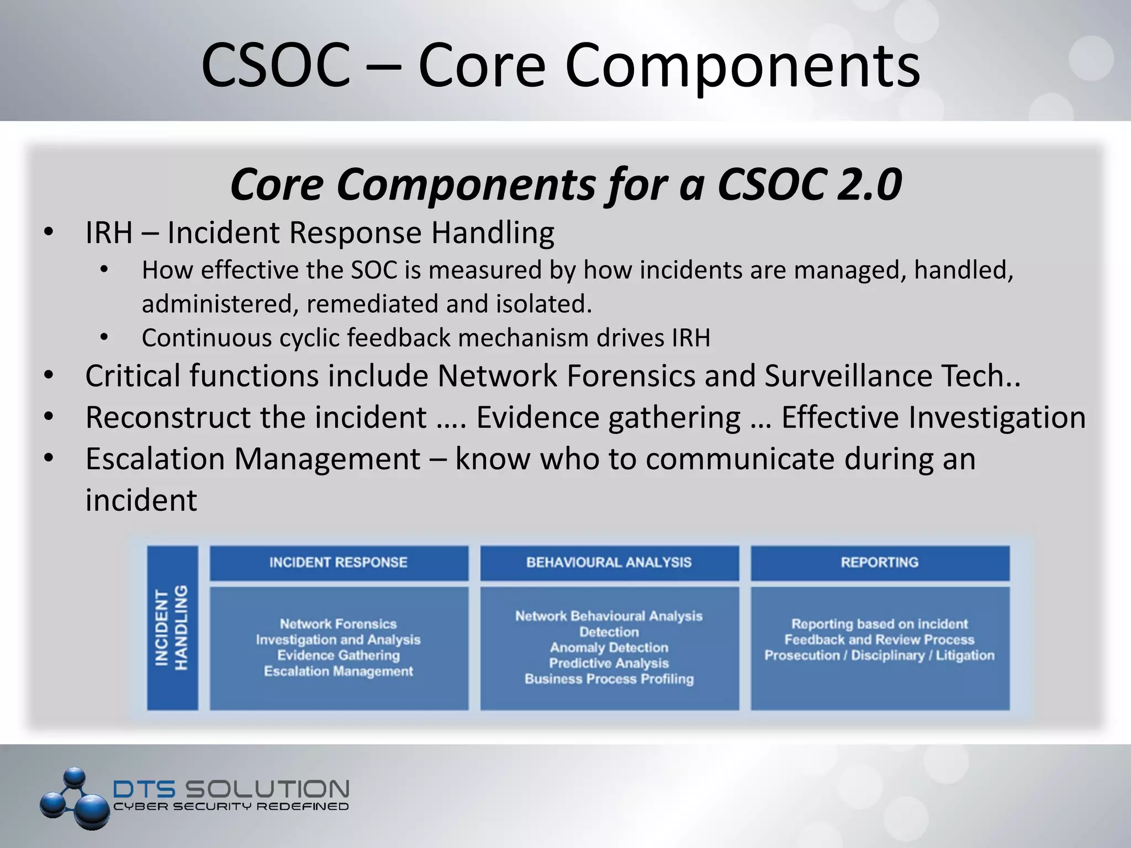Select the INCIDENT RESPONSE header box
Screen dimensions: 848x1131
339,563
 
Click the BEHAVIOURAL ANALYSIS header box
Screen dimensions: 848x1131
609,563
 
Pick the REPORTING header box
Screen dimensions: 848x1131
879,563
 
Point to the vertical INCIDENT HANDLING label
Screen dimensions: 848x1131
172,628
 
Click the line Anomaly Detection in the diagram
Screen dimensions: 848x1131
609,648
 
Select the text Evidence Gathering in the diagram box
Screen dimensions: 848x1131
339,655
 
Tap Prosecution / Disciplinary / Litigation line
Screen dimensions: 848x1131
879,655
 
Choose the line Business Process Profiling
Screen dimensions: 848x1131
609,679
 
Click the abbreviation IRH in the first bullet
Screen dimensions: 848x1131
109,232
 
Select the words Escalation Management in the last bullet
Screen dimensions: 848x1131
252,459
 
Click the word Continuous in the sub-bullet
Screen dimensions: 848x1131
206,338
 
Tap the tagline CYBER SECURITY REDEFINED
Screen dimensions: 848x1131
231,807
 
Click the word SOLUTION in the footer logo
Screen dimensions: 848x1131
266,789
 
